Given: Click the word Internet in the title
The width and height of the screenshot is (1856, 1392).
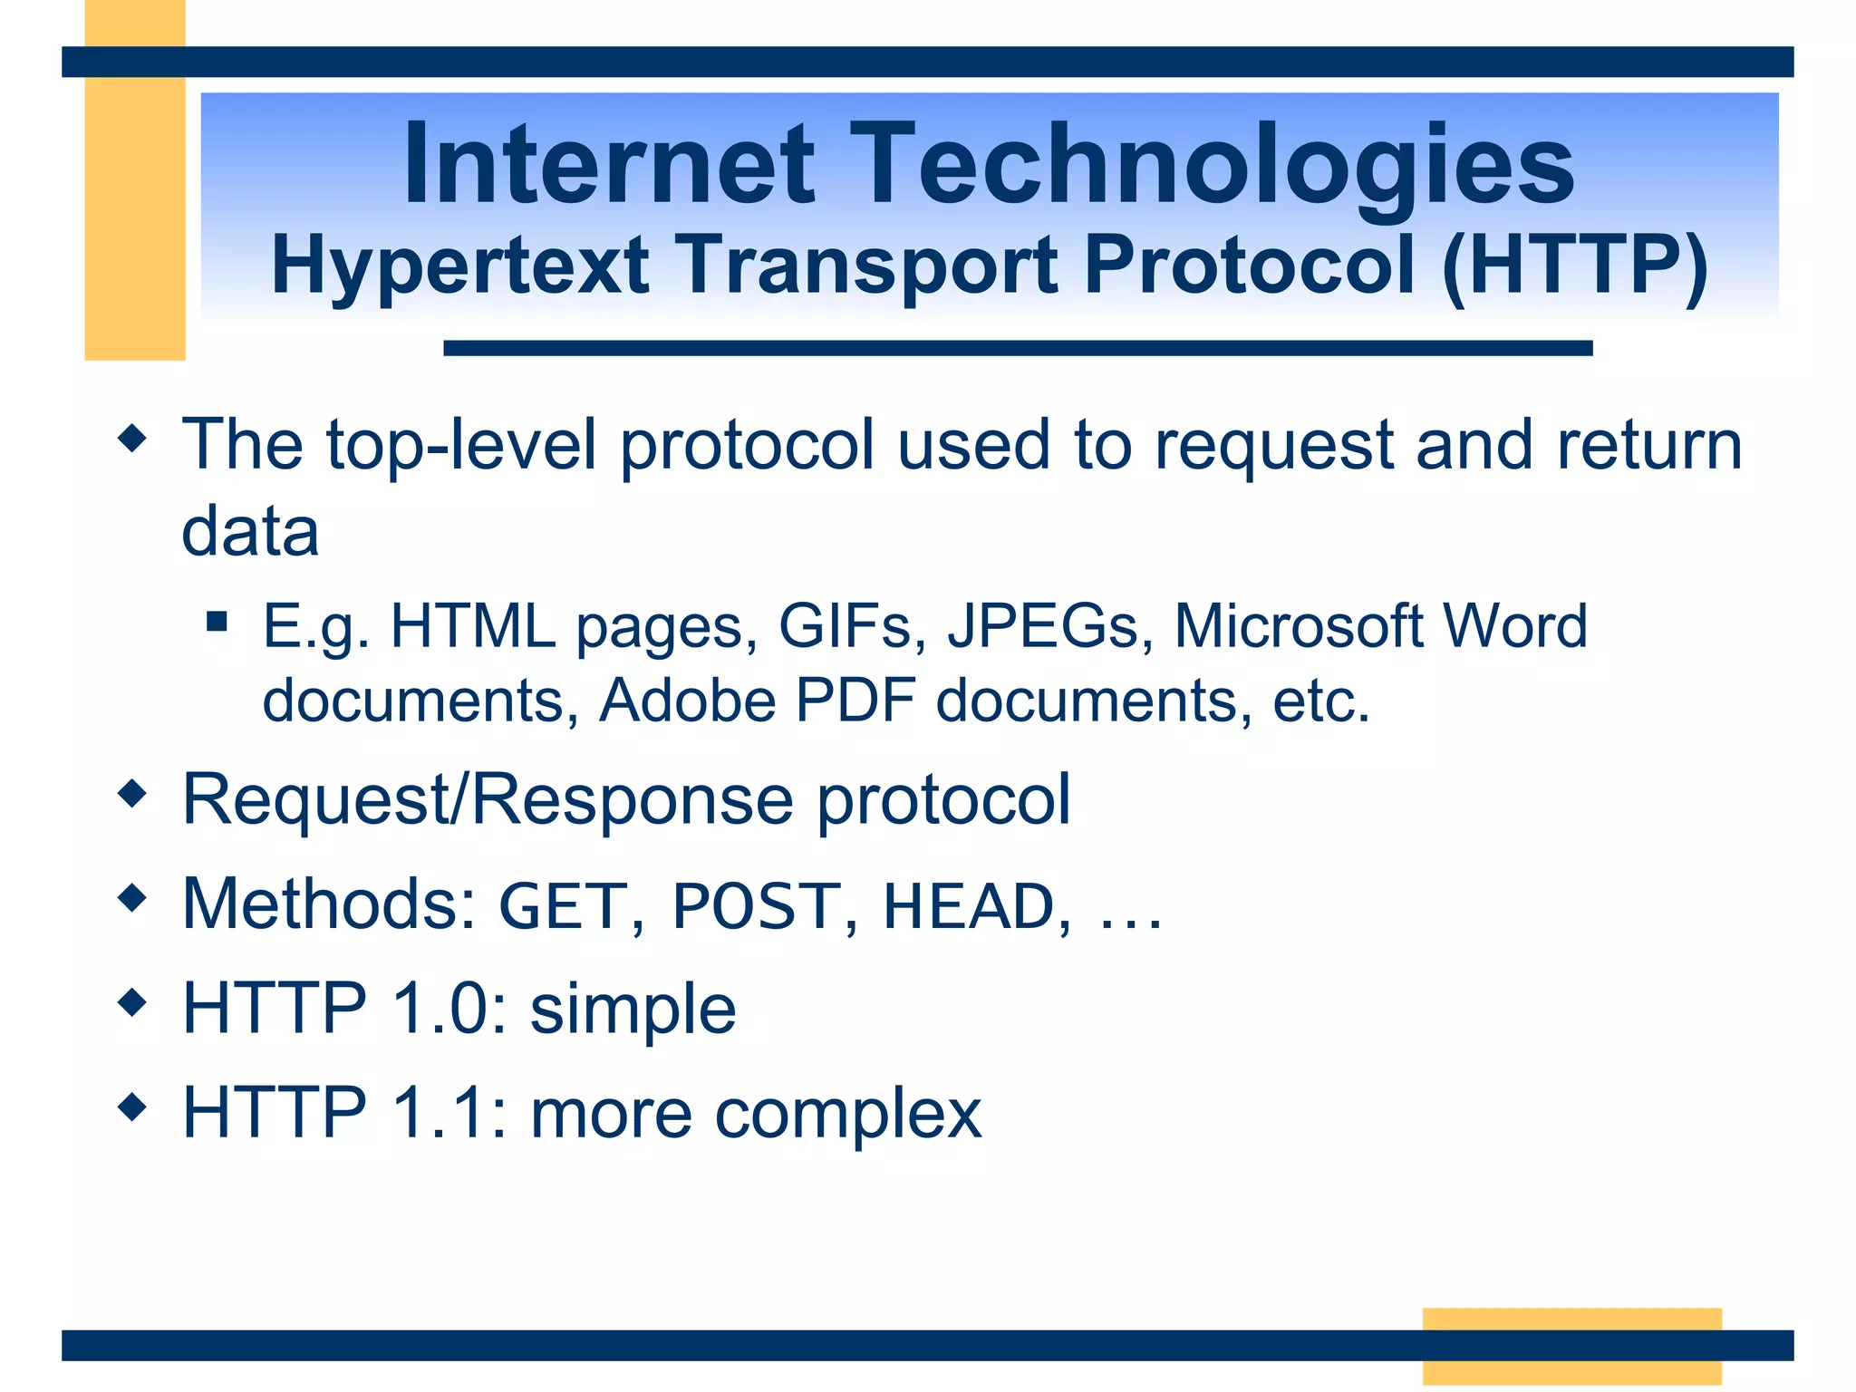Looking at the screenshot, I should coord(608,165).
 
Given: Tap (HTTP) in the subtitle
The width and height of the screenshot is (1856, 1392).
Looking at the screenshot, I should coord(1574,266).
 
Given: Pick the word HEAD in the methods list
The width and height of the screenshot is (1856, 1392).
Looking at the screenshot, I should coord(969,906).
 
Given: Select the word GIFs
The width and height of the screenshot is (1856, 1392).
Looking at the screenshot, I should coord(845,626).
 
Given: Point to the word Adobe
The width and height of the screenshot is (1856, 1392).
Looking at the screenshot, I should coord(687,701).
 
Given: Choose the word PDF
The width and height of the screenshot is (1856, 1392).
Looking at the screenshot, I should coord(855,701).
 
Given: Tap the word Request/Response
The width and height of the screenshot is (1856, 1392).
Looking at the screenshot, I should coord(488,800).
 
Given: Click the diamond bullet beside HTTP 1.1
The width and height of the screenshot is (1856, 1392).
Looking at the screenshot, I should coord(132,1107).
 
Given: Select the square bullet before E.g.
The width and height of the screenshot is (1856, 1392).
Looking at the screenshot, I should coord(217,622).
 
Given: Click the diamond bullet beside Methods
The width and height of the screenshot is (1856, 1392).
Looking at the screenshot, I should coord(132,899).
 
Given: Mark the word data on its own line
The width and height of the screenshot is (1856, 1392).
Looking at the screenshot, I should coord(250,532).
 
